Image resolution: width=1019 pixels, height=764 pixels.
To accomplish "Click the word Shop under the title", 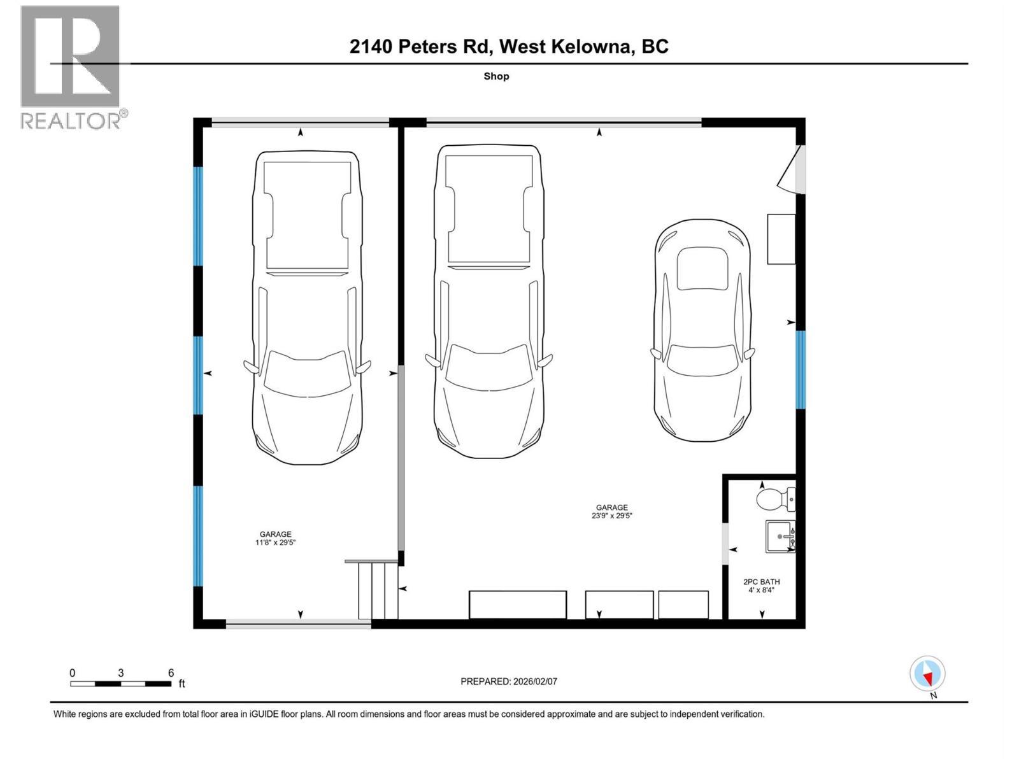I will [x=496, y=76].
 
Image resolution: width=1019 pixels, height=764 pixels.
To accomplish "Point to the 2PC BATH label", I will [x=761, y=581].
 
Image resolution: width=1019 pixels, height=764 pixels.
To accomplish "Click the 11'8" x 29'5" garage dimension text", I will [x=276, y=543].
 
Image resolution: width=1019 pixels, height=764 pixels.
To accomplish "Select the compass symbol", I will [x=927, y=674].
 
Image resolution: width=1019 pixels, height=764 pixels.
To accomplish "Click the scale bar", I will [x=120, y=684].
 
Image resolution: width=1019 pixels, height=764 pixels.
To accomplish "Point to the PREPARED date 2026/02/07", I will [x=509, y=681].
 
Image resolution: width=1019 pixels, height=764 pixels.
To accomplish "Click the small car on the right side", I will [x=702, y=330].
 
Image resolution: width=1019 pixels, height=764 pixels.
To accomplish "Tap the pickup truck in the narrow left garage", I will [x=307, y=308].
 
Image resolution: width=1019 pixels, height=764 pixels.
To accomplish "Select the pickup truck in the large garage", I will [x=488, y=301].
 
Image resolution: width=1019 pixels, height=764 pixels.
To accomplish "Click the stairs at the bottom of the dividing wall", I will [x=378, y=590].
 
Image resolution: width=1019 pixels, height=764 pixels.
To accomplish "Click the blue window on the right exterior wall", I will [x=801, y=369].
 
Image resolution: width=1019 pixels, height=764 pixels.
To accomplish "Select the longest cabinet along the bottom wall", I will [x=517, y=604].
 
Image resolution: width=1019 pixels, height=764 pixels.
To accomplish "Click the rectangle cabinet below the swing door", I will [x=781, y=239].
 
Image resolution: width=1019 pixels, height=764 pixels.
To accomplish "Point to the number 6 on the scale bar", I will [x=171, y=673].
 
